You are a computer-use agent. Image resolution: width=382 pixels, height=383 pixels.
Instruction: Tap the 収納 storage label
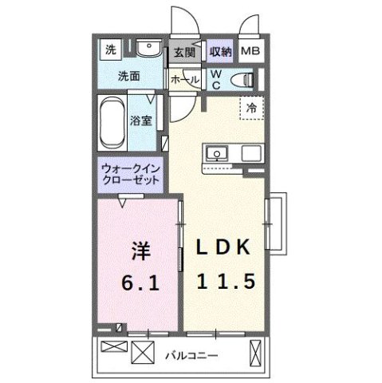(x=221, y=52)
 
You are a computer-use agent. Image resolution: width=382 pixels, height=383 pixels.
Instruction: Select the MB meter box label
(x=251, y=52)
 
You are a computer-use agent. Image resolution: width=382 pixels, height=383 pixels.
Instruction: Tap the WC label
(x=215, y=78)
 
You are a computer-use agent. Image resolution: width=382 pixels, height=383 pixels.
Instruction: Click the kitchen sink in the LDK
(x=216, y=153)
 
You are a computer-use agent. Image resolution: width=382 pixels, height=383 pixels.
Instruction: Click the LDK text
(x=226, y=249)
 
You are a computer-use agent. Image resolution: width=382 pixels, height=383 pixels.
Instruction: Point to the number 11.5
(x=226, y=282)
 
